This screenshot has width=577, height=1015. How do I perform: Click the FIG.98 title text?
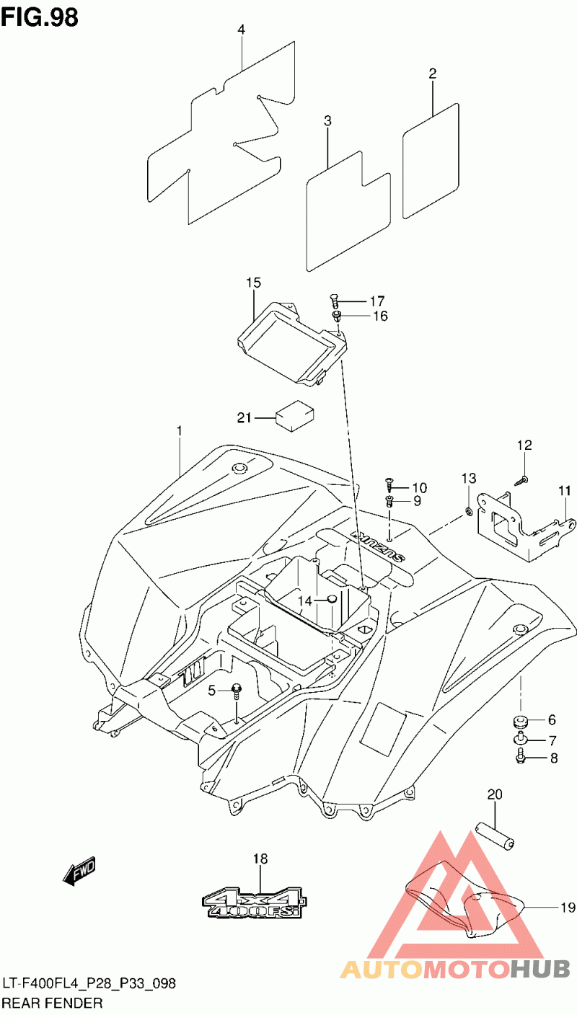point(40,17)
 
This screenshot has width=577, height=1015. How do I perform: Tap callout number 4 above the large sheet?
point(241,30)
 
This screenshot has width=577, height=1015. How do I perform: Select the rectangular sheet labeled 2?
point(431,161)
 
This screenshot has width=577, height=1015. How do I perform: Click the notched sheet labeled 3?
point(348,211)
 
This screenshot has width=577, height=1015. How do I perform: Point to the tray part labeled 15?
point(293,342)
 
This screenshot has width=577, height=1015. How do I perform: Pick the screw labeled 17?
point(335,301)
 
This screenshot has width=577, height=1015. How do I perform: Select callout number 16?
point(380,316)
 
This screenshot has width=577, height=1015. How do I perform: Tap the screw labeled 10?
point(389,485)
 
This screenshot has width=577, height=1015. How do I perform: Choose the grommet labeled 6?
point(520,720)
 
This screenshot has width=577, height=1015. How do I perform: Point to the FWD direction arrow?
point(79,870)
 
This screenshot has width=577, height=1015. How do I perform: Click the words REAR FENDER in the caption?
point(52,1003)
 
